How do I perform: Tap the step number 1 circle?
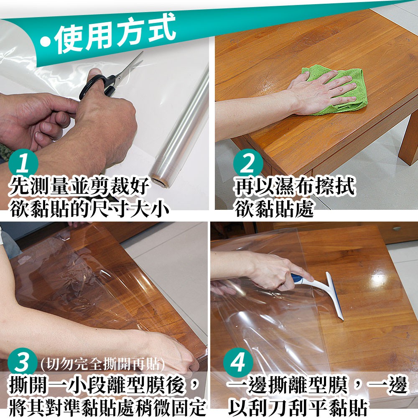click(x=23, y=163)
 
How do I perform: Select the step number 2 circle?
click(x=248, y=163)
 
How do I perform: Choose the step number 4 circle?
click(x=238, y=362)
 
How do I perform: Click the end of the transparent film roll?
click(x=160, y=180)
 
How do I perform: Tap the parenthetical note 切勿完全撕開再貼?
click(x=103, y=364)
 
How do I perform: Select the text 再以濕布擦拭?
click(x=295, y=186)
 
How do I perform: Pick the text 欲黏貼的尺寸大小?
click(x=90, y=208)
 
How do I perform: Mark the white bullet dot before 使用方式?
click(x=46, y=42)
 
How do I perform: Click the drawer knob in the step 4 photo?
click(x=397, y=228)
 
